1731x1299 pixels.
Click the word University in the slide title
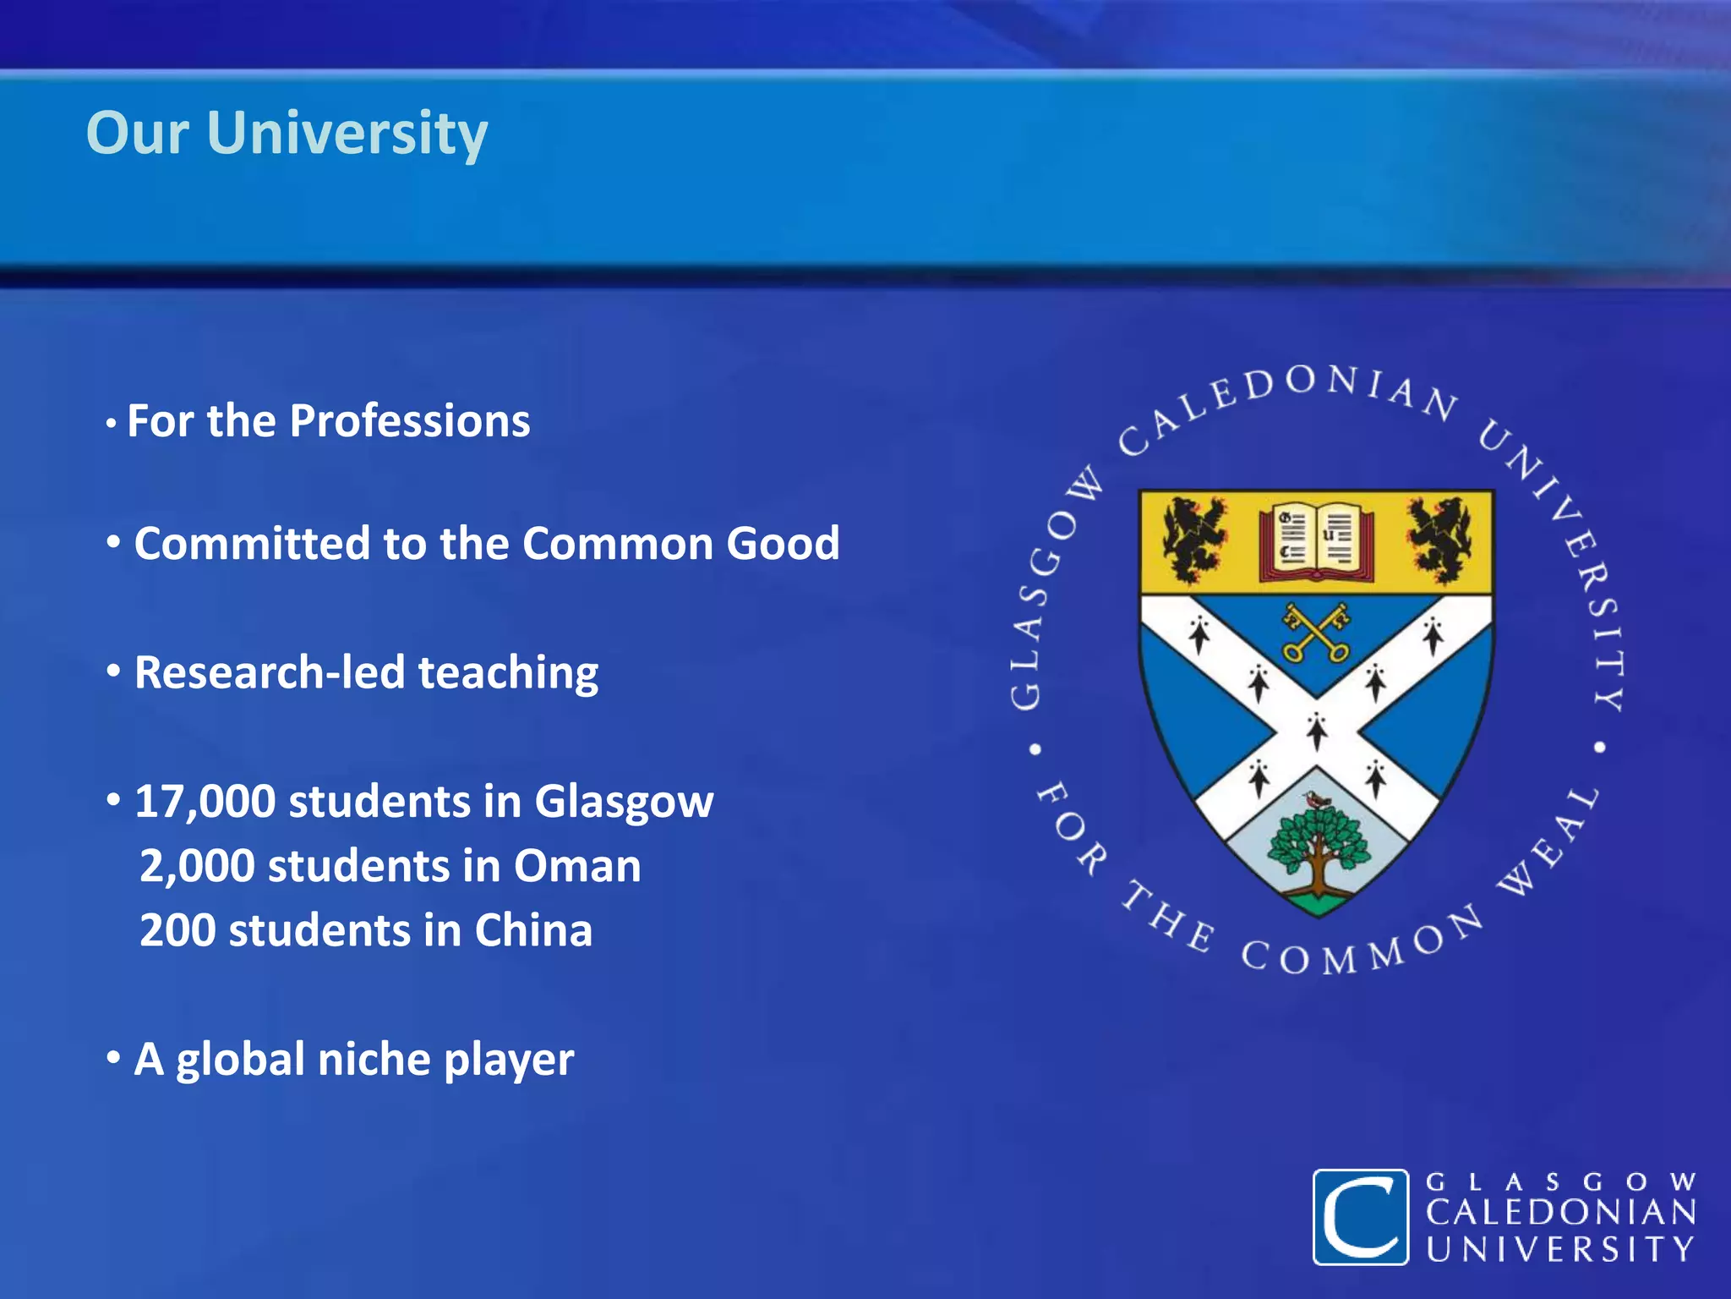click(x=347, y=134)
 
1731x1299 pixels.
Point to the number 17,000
click(x=205, y=802)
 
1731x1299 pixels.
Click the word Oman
click(x=577, y=866)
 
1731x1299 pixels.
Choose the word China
click(x=532, y=930)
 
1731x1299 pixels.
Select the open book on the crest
click(x=1316, y=542)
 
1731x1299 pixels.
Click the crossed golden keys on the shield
click(x=1316, y=633)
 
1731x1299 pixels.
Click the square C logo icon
click(x=1360, y=1216)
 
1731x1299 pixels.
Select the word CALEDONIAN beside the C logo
click(x=1560, y=1213)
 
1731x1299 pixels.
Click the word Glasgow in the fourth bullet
click(x=623, y=802)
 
